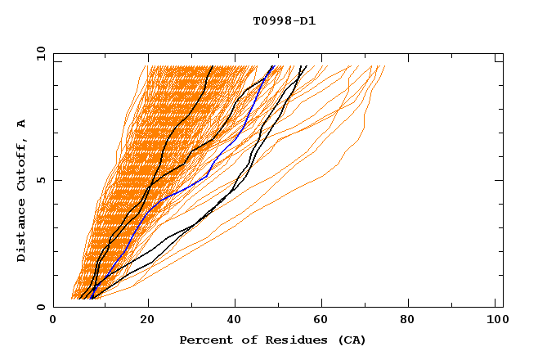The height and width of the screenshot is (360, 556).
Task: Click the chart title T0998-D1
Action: point(284,21)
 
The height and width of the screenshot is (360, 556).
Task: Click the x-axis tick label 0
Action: point(53,321)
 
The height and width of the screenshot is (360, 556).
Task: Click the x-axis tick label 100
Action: point(495,321)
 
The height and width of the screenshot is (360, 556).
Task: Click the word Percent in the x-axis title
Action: point(202,340)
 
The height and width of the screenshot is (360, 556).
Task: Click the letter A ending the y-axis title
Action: point(22,124)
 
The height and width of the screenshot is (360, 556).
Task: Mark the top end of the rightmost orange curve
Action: point(384,66)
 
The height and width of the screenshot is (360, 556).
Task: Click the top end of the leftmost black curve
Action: point(213,66)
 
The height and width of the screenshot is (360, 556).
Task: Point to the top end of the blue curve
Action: point(273,66)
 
